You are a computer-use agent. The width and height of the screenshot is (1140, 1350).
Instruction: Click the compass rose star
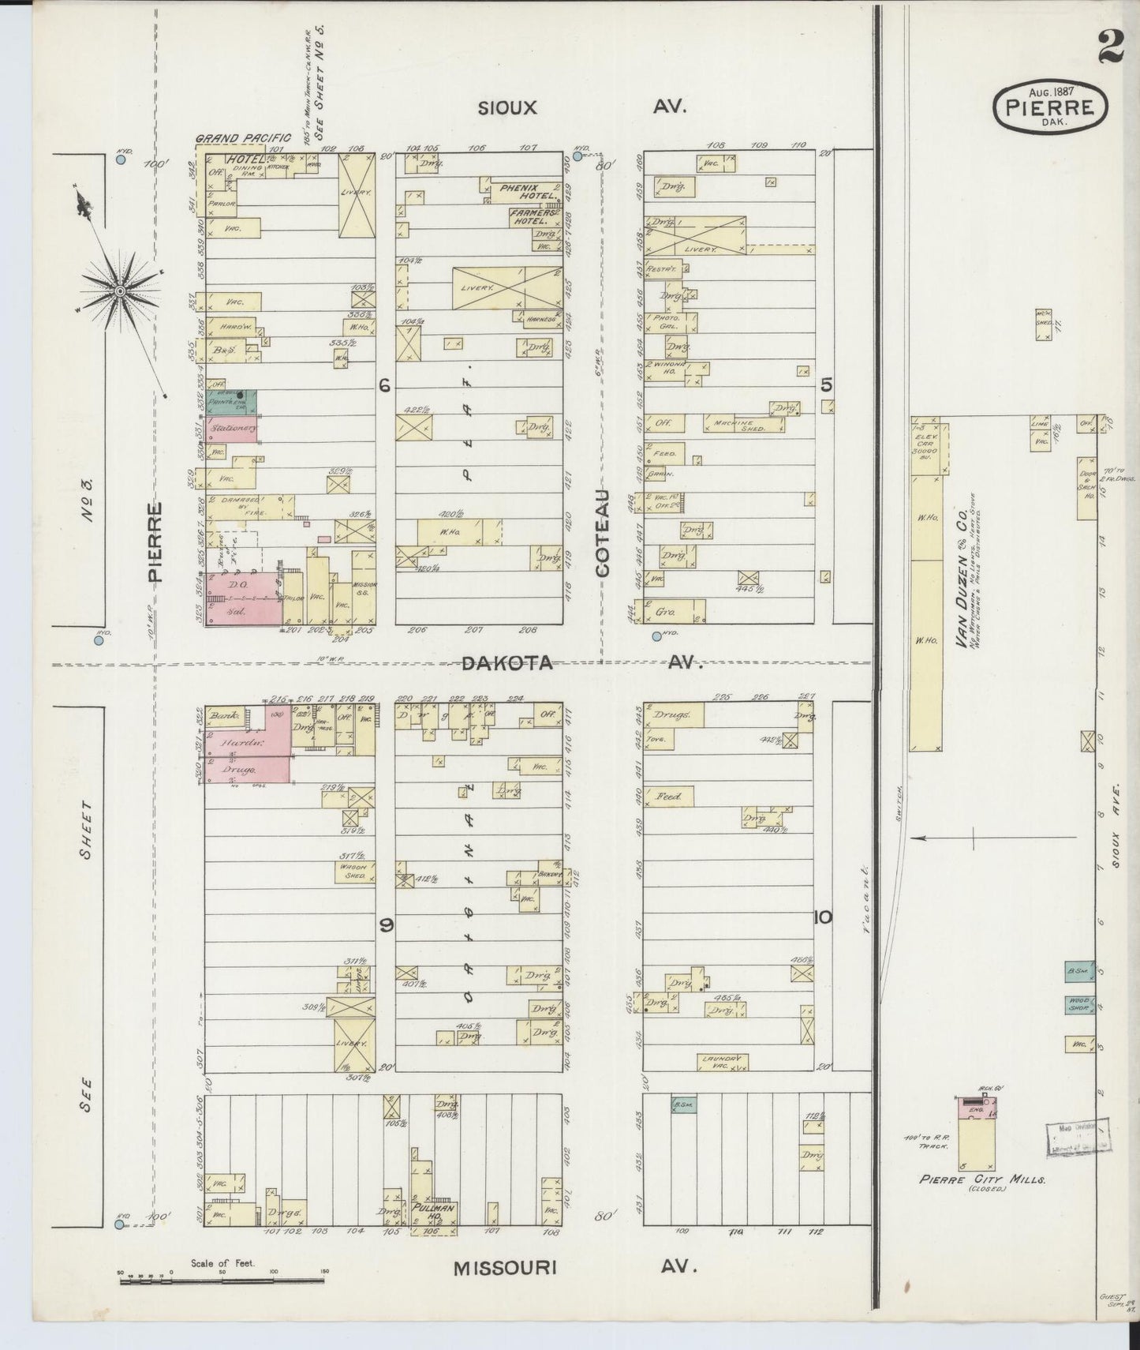(x=119, y=291)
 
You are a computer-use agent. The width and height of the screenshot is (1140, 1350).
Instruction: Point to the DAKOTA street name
(x=506, y=664)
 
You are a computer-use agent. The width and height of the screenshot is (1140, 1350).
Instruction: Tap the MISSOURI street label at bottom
(x=505, y=1268)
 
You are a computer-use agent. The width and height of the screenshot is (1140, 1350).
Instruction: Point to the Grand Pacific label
(x=243, y=138)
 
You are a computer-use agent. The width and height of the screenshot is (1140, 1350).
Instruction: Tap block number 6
(x=384, y=384)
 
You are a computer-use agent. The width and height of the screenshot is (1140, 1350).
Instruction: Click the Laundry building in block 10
(x=721, y=1062)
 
